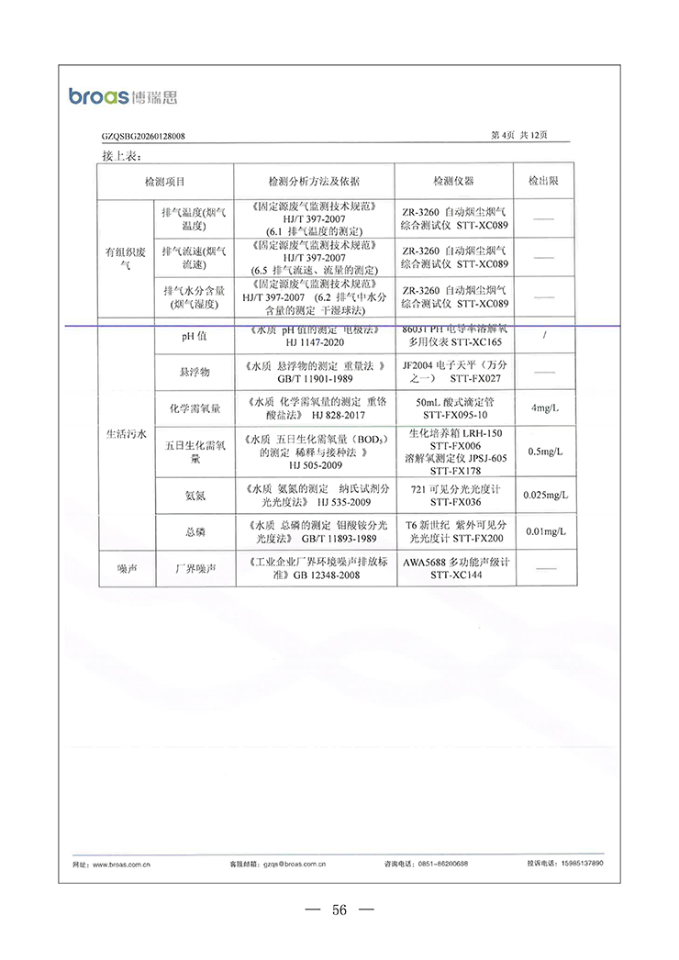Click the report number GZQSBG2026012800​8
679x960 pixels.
[143, 136]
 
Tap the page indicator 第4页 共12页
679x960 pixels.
[519, 135]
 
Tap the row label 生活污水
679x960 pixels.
[126, 434]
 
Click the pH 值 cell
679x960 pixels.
[194, 336]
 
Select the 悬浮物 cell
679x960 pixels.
[194, 372]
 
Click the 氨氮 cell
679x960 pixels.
[194, 496]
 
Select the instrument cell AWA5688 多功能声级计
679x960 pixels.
[455, 569]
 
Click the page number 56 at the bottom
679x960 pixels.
[339, 910]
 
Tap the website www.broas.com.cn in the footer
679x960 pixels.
[115, 864]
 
